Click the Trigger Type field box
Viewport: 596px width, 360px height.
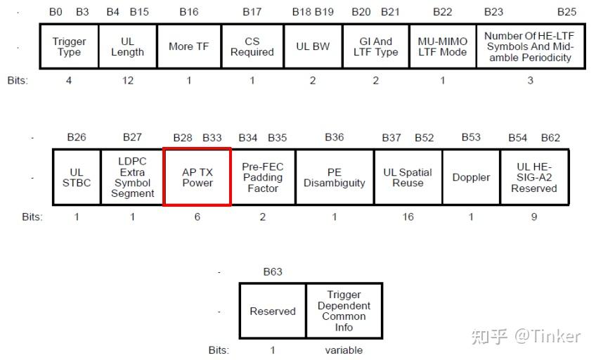coord(69,46)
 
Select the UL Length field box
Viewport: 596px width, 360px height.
coord(127,46)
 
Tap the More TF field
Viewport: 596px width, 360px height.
coord(188,46)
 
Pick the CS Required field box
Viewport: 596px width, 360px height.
coord(252,46)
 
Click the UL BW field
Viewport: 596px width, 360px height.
coord(313,46)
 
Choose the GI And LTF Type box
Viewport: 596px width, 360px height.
coord(375,46)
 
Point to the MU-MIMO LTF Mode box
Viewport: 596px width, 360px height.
coord(442,46)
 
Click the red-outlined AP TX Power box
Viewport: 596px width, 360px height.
coord(197,177)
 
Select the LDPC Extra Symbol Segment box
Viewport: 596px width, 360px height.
coord(132,177)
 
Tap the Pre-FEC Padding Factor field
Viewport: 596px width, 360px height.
coord(263,177)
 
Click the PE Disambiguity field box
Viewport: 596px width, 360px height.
coord(334,177)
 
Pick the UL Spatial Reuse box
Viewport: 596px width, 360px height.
coord(408,177)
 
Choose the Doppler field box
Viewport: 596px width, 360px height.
coord(471,177)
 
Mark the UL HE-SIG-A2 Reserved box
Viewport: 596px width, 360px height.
coord(534,177)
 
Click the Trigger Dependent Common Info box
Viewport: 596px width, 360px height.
coord(344,311)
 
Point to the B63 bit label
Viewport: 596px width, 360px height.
coord(273,272)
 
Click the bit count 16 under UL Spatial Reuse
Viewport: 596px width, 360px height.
coord(408,217)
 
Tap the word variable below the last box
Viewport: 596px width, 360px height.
coord(344,349)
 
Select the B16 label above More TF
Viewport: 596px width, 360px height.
coord(188,12)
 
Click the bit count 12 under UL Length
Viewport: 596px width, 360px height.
coord(127,80)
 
